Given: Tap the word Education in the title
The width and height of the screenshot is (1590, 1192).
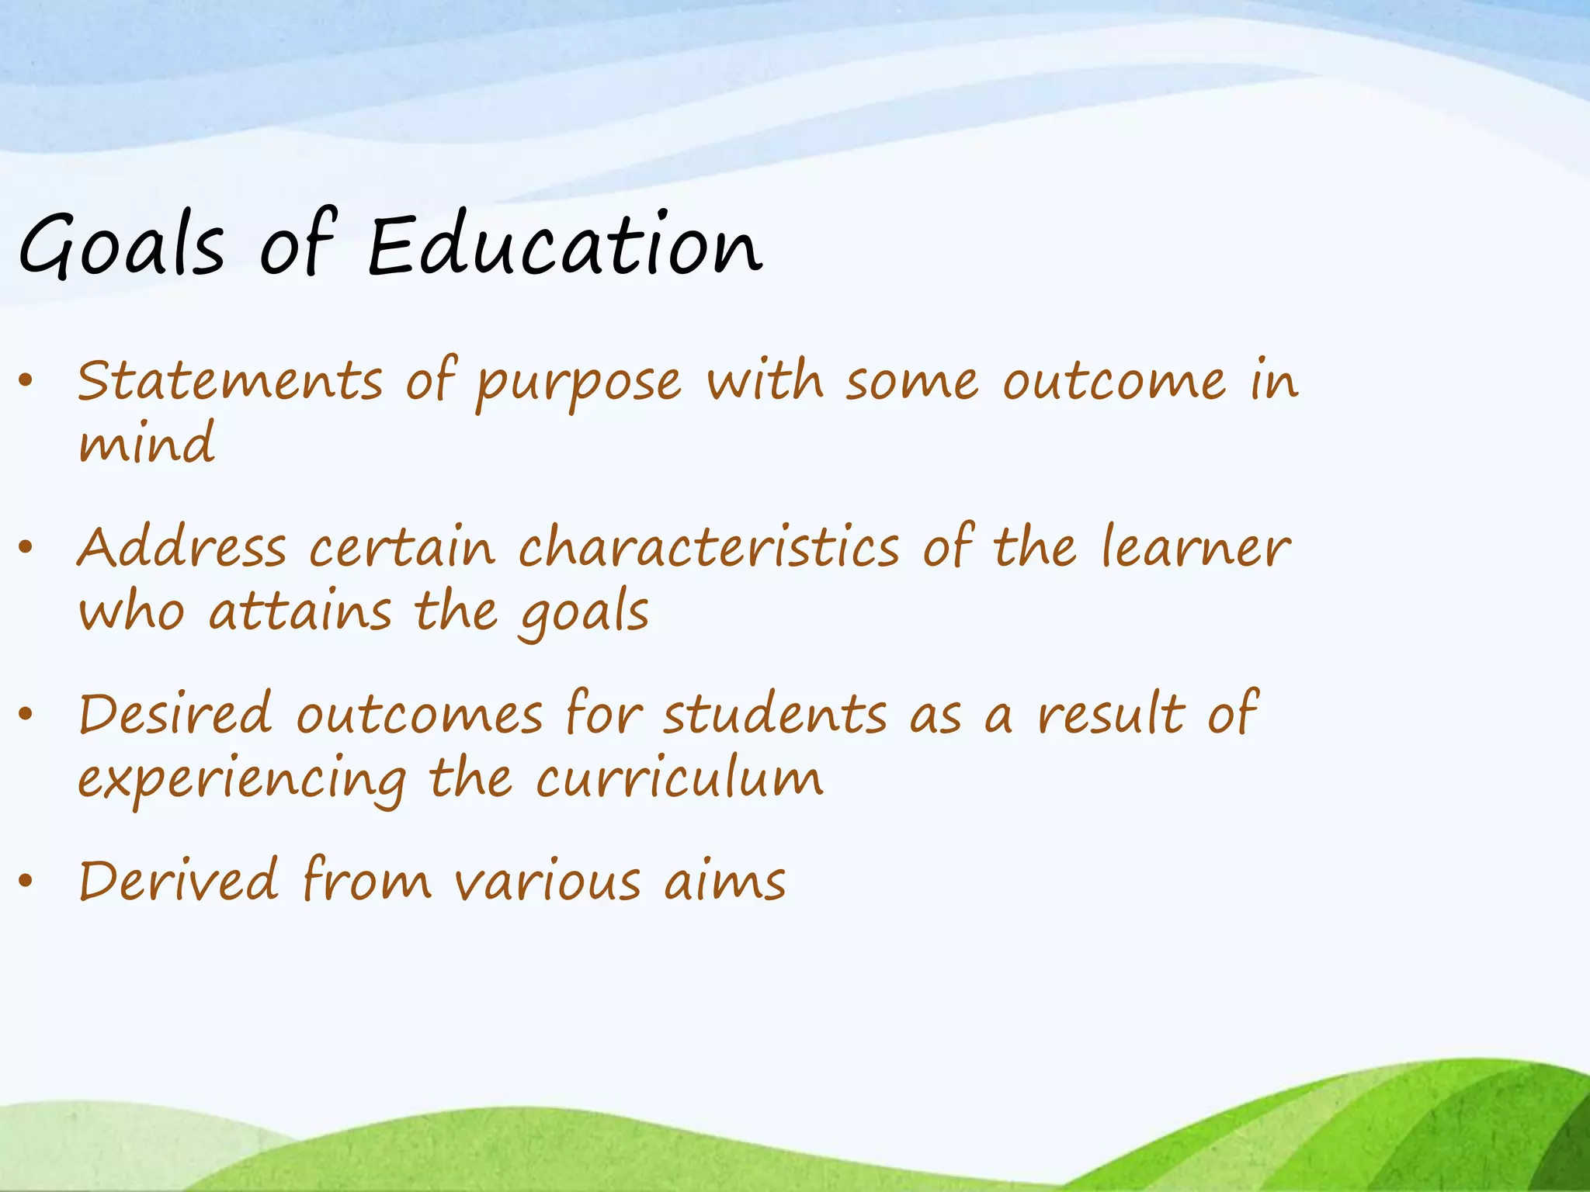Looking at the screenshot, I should click(x=565, y=245).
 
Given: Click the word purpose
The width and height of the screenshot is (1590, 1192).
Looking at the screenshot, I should click(x=578, y=384).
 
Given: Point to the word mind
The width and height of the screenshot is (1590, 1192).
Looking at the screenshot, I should click(x=147, y=442).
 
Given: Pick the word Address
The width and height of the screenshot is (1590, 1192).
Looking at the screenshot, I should click(x=182, y=547).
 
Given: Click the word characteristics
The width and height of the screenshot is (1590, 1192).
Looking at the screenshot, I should click(x=710, y=547).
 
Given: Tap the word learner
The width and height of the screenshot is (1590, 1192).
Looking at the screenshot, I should click(x=1196, y=547).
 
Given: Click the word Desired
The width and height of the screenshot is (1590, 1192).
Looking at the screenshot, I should click(x=175, y=714).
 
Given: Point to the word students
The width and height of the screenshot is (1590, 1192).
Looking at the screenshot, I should click(x=775, y=714).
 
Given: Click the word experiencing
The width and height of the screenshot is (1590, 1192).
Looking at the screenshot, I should click(x=242, y=780).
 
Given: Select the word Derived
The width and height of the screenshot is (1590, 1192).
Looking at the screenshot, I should click(x=179, y=881).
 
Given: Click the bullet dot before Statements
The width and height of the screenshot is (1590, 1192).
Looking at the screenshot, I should click(x=26, y=380).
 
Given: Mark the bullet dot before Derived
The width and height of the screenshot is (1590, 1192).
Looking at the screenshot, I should click(x=26, y=881).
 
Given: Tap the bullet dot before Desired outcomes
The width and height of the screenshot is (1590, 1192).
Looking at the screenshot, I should click(x=26, y=714).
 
